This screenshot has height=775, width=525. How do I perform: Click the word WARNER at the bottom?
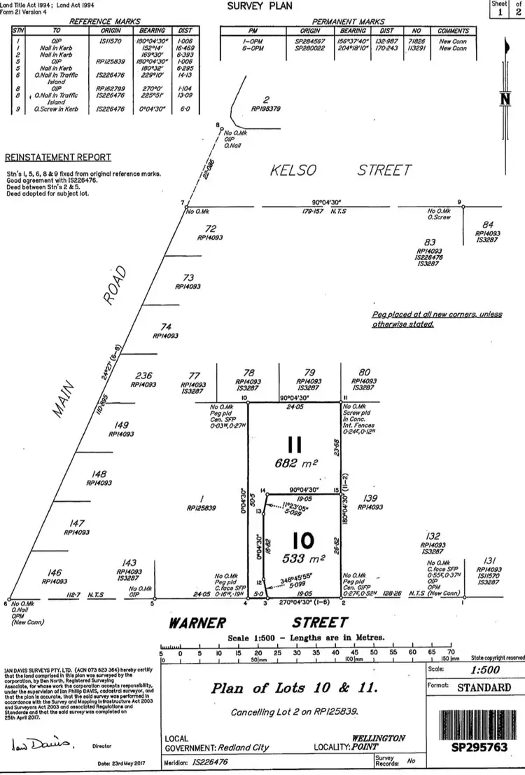tap(196, 623)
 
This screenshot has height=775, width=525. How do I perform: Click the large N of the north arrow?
tap(504, 100)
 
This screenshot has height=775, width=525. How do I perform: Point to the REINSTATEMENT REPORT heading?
tap(58, 157)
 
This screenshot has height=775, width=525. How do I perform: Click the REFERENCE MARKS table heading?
tap(105, 22)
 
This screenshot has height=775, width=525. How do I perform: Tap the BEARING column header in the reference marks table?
tap(152, 31)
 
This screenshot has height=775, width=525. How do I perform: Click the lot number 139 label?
tap(370, 498)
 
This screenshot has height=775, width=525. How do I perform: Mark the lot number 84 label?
tap(489, 224)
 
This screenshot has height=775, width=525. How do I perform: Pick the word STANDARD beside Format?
tap(484, 687)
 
